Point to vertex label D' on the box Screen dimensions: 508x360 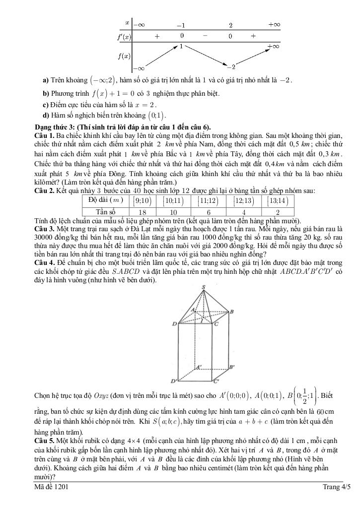coord(173,381)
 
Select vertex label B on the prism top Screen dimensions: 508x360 coord(231,312)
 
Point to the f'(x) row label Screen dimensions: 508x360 coord(124,36)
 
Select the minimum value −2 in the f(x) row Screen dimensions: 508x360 coord(231,66)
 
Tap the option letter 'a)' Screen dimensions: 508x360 coord(46,80)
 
